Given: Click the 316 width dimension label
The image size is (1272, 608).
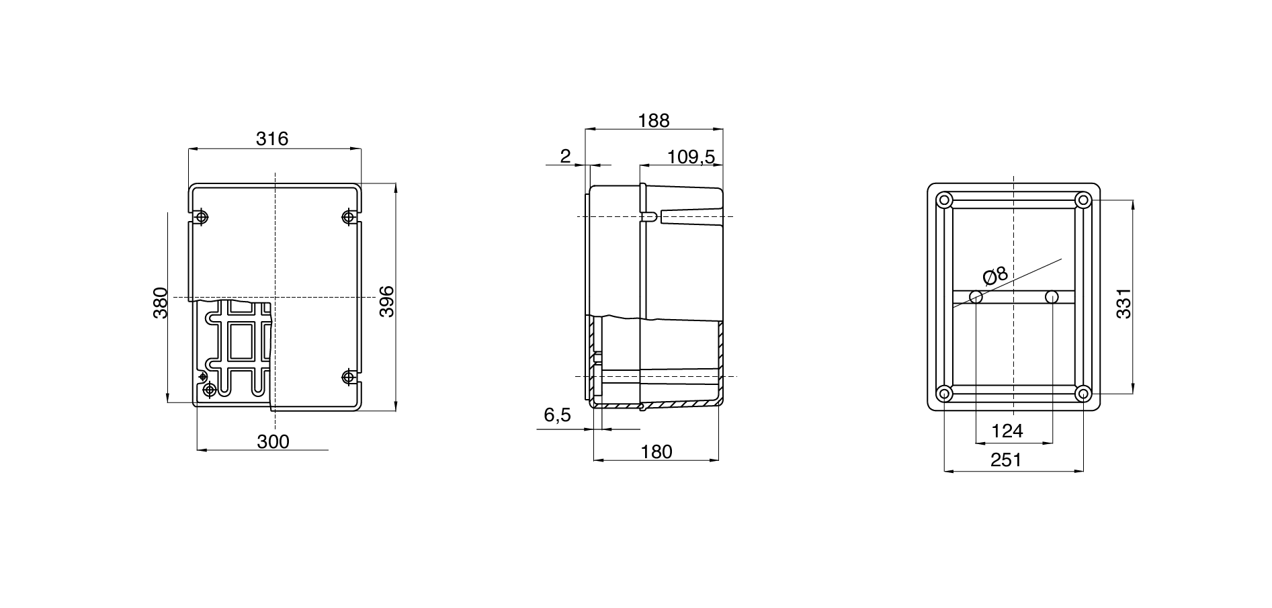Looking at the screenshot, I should (x=272, y=139).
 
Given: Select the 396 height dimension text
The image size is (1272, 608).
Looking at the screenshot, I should (x=386, y=302).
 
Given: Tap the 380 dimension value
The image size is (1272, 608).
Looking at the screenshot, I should (x=160, y=303).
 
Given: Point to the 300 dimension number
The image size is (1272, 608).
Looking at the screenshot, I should (x=273, y=442).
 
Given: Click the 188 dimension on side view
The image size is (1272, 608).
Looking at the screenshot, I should (x=654, y=120).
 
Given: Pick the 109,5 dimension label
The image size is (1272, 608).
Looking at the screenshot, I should (x=691, y=157).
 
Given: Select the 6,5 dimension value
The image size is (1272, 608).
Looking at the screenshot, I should (x=557, y=416).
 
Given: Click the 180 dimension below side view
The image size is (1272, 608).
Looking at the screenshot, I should (x=656, y=452).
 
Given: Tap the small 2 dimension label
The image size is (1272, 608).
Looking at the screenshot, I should (x=565, y=157).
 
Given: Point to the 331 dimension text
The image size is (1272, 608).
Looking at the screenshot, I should (x=1123, y=303).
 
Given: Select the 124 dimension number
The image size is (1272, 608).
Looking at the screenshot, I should (x=1007, y=431).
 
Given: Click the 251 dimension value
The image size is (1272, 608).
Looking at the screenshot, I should (x=1006, y=460).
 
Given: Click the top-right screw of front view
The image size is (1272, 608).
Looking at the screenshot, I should (x=348, y=217).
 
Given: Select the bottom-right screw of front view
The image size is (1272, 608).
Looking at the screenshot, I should (x=348, y=378).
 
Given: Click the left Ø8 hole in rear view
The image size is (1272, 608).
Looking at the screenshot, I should (x=976, y=297).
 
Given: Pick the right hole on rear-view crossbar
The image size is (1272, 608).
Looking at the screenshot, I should (x=1052, y=297).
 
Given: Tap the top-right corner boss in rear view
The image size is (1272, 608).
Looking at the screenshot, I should (x=1082, y=200).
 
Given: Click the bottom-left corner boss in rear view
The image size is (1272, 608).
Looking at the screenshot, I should (x=944, y=394).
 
